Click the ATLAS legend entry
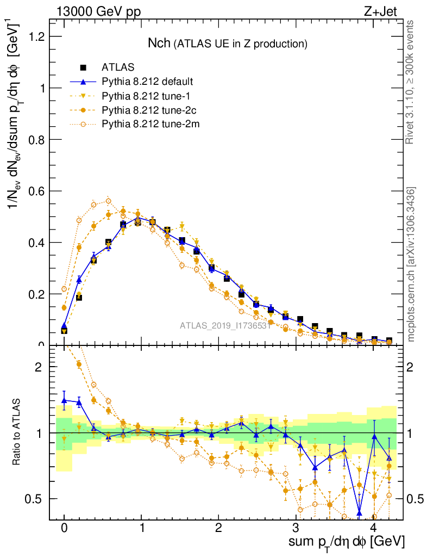coord(117,67)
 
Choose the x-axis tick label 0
coord(64,528)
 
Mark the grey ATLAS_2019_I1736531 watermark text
coord(225,326)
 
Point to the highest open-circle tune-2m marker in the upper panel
coord(108,201)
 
